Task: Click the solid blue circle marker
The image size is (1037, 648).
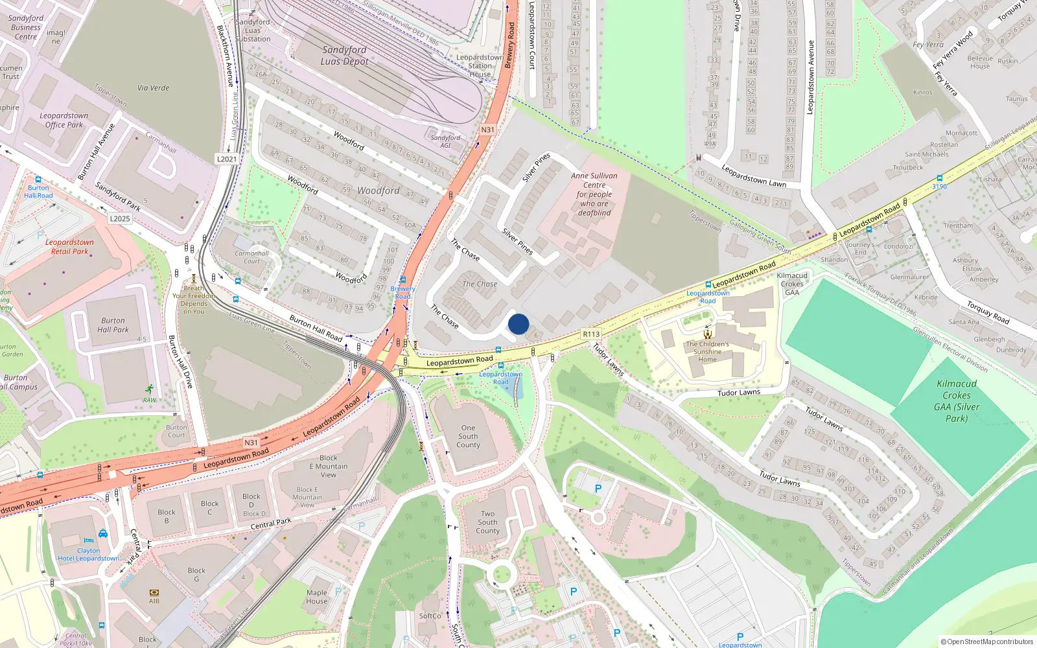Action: point(518,324)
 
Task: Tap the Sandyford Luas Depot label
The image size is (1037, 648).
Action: point(344,56)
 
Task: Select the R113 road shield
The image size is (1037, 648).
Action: point(591,334)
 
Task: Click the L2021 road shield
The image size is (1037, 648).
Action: point(227,159)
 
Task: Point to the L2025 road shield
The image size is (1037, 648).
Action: point(120,218)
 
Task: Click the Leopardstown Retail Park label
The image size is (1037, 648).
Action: point(69,247)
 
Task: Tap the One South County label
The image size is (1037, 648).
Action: point(468,436)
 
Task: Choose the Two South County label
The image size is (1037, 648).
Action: point(488,522)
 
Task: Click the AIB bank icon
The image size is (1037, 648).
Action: point(154,592)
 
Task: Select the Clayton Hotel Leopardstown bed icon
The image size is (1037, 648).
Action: point(89,540)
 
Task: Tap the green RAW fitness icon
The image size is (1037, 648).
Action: point(150,389)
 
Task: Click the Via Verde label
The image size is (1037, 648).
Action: point(154,87)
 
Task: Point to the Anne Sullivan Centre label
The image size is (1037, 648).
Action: point(594,194)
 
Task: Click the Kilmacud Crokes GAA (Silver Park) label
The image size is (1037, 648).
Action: point(957,401)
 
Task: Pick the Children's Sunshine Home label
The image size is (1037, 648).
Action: point(707,352)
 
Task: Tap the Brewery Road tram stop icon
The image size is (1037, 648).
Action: point(402,280)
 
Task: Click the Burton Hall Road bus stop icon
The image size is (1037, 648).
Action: point(38,179)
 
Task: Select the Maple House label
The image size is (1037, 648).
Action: point(317,597)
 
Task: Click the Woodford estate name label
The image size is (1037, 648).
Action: point(379,191)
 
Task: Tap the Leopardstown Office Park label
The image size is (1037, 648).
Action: point(64,120)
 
